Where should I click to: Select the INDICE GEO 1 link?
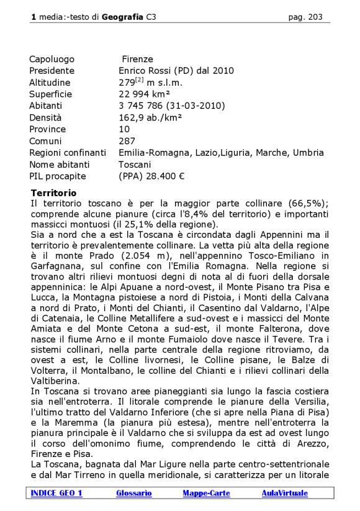coord(56,493)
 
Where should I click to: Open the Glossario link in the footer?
coord(133,493)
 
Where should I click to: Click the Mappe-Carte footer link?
coord(206,493)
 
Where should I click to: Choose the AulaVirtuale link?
coord(284,493)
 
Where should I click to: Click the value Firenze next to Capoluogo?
coord(137,59)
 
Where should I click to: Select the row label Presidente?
coord(52,71)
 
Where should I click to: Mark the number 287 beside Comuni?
coord(127,141)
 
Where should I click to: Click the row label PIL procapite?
coord(57,176)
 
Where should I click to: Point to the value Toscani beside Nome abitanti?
coord(135,165)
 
